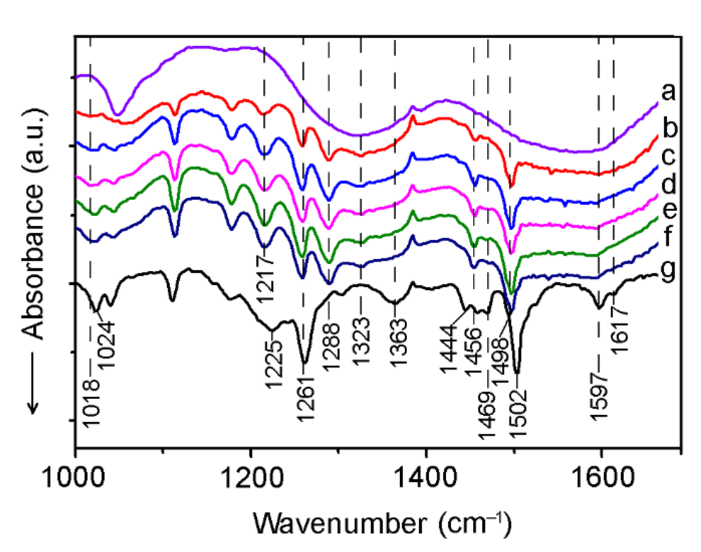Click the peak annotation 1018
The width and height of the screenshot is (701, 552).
(90, 401)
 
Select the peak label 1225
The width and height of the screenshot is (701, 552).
(274, 356)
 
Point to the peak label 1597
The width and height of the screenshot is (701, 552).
(599, 398)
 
